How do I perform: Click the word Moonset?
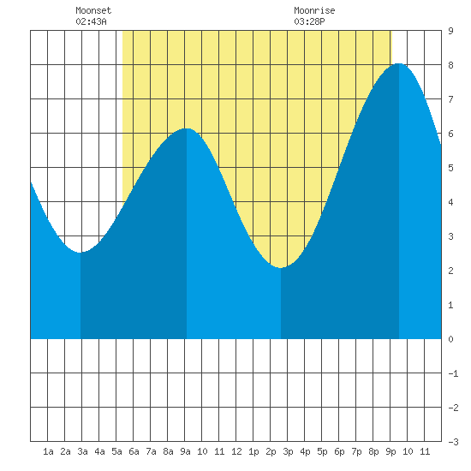coord(93,10)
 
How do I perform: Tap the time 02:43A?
coord(91,21)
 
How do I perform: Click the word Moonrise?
coord(314,10)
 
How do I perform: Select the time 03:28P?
coord(309,21)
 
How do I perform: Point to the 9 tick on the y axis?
coord(450,31)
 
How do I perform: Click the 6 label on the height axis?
coord(450,134)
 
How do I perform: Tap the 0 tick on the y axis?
coord(450,339)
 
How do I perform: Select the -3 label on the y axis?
coord(453,442)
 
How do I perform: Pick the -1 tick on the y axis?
coord(453,373)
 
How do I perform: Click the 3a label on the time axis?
coord(82,451)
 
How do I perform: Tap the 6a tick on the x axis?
coord(134,451)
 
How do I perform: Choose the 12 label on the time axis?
coord(236,451)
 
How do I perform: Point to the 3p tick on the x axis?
coord(288,451)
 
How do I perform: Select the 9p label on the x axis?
coord(391,451)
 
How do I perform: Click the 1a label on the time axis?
coord(48,451)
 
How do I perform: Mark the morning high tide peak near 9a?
coord(187,128)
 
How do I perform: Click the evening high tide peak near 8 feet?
coord(398,63)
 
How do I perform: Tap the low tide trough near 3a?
coord(80,253)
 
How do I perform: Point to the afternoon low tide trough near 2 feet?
coord(281,268)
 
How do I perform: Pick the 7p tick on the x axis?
coord(356,451)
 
